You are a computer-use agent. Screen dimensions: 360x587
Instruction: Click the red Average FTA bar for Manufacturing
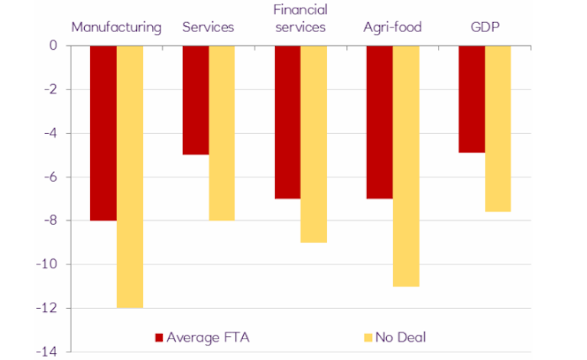[103, 133]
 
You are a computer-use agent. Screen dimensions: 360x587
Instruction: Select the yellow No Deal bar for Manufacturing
[130, 177]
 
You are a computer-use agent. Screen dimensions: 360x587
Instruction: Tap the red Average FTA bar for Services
[196, 100]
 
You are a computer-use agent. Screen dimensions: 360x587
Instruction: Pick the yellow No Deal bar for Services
[222, 133]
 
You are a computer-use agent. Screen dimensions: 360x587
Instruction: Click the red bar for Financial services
[287, 122]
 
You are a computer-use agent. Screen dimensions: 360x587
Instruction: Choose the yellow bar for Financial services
[313, 144]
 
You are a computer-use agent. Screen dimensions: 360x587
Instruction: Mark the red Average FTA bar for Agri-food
[380, 122]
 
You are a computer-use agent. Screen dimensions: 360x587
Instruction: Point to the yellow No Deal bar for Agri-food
[406, 166]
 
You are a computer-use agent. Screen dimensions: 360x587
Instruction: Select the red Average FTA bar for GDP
[472, 99]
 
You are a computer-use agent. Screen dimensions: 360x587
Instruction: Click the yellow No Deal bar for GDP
[498, 128]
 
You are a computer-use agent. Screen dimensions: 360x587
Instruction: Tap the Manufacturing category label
[116, 28]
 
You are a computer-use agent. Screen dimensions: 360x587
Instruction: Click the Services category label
[208, 28]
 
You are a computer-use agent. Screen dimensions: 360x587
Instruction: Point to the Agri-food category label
[392, 28]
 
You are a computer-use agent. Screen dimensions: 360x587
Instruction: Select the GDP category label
[485, 28]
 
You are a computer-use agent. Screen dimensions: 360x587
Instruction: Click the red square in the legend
[159, 336]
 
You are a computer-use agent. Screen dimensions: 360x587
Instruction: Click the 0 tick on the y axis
[54, 46]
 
